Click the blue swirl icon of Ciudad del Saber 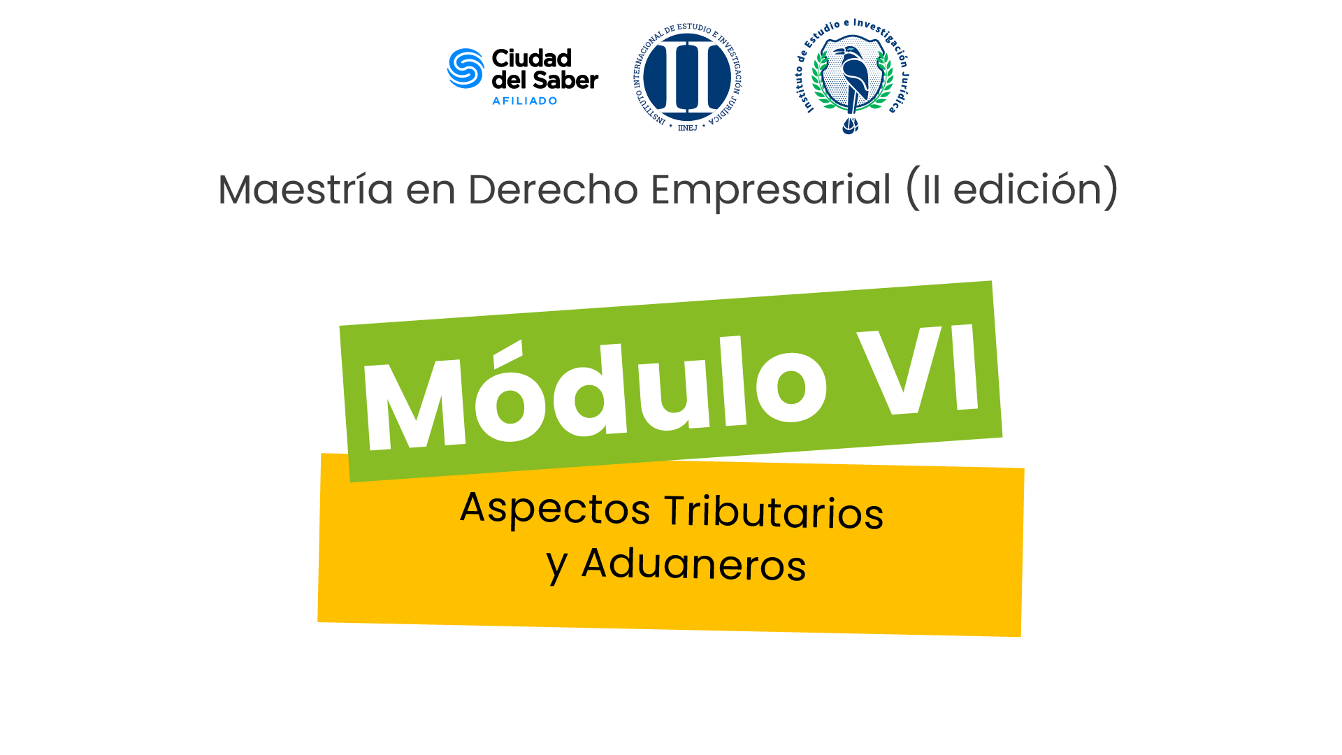(x=466, y=69)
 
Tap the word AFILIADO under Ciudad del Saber (x=525, y=101)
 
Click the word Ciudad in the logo (x=532, y=58)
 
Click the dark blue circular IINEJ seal (x=687, y=77)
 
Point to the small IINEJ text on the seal (x=688, y=128)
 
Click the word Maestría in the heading (x=306, y=189)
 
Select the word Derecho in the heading (x=553, y=189)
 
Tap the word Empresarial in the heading (x=771, y=190)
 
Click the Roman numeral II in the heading (x=931, y=190)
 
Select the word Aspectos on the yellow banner (x=556, y=508)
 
